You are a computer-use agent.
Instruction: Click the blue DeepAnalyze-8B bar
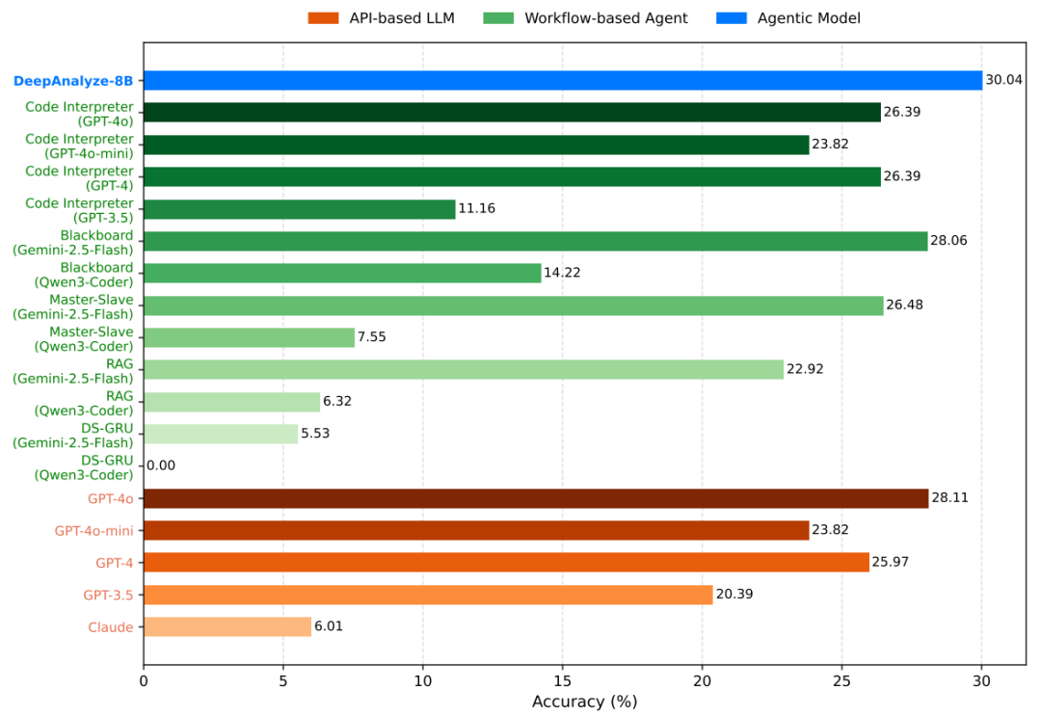(563, 80)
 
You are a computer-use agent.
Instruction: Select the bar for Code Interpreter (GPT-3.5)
(300, 209)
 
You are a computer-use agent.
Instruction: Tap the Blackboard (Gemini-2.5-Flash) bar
(536, 241)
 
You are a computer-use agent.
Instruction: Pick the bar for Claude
(227, 626)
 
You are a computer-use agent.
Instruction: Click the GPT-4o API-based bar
(537, 498)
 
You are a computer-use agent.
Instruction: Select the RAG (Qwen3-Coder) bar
(231, 402)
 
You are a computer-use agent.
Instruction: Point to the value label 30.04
(1003, 80)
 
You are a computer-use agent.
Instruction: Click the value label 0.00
(161, 466)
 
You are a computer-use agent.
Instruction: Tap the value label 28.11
(950, 498)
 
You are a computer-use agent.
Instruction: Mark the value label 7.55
(372, 337)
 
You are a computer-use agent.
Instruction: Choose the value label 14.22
(562, 273)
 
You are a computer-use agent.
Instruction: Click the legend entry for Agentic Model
(788, 18)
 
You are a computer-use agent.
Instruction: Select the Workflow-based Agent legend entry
(586, 18)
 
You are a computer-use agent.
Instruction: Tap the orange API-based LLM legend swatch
(323, 18)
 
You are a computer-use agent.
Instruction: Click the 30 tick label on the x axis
(982, 681)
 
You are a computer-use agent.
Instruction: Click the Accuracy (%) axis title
(585, 702)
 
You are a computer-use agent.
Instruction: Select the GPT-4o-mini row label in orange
(93, 531)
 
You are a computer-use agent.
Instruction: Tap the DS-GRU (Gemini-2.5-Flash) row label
(73, 436)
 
